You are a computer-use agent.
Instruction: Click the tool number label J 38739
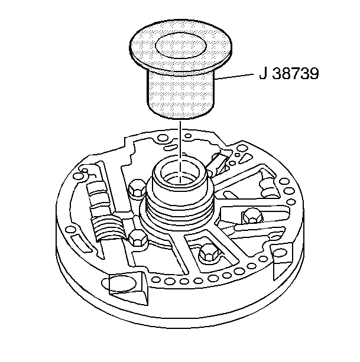pos(289,74)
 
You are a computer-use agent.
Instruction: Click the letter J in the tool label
pos(262,74)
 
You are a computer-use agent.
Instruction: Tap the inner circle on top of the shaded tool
pos(181,46)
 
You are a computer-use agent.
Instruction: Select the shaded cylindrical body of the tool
pos(180,94)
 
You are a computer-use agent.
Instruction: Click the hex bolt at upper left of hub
pos(137,188)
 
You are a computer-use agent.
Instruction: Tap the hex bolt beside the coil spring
pos(138,239)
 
